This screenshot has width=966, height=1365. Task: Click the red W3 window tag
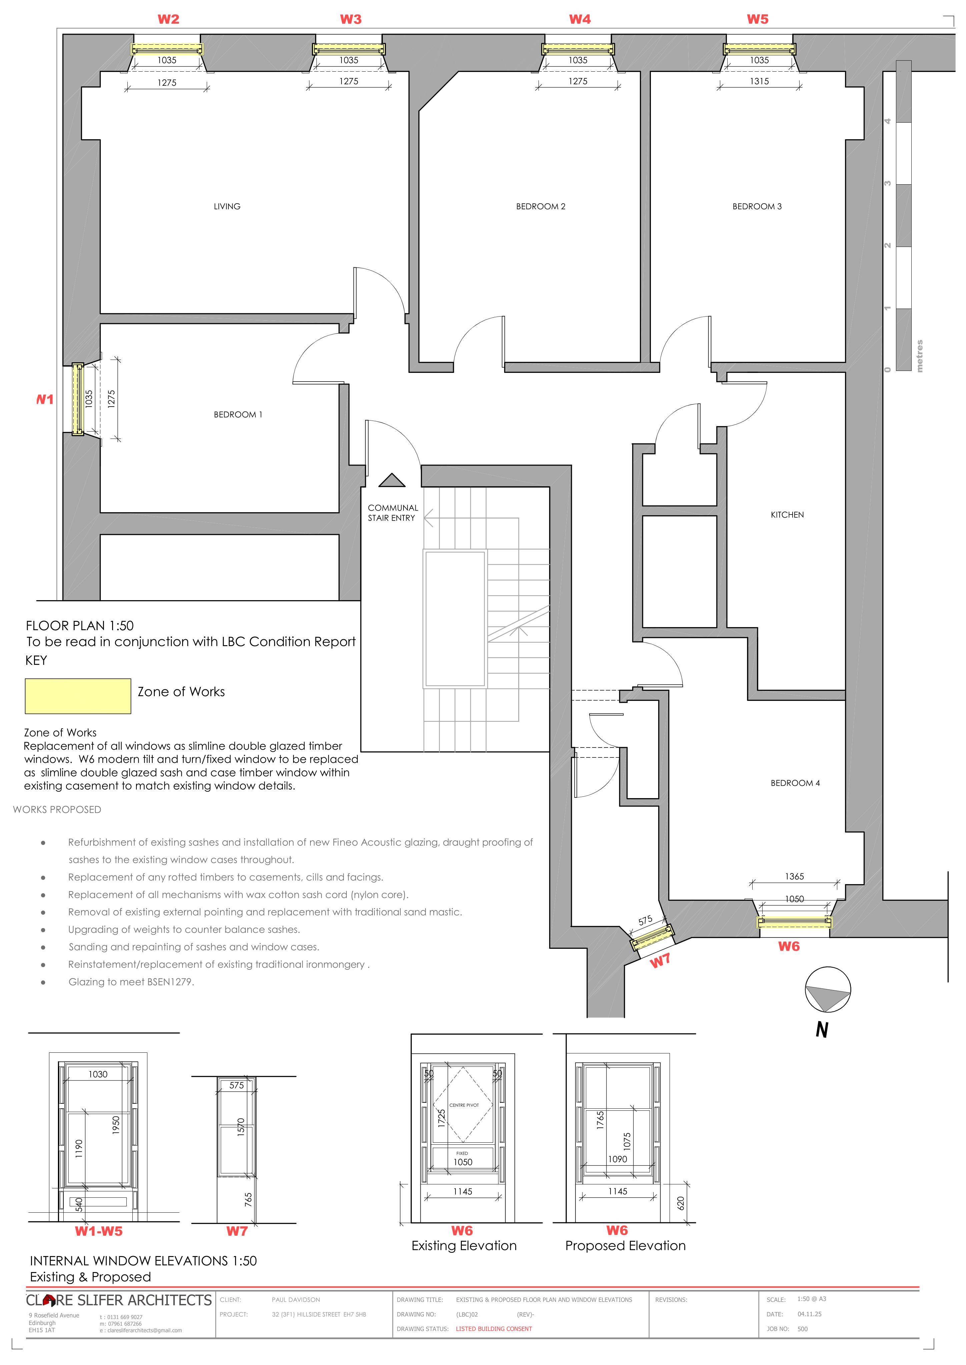pyautogui.click(x=351, y=20)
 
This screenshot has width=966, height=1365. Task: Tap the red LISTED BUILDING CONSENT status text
pyautogui.click(x=494, y=1329)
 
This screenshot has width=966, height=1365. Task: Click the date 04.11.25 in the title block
pyautogui.click(x=810, y=1314)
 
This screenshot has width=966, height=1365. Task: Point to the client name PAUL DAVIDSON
pyautogui.click(x=296, y=1300)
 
